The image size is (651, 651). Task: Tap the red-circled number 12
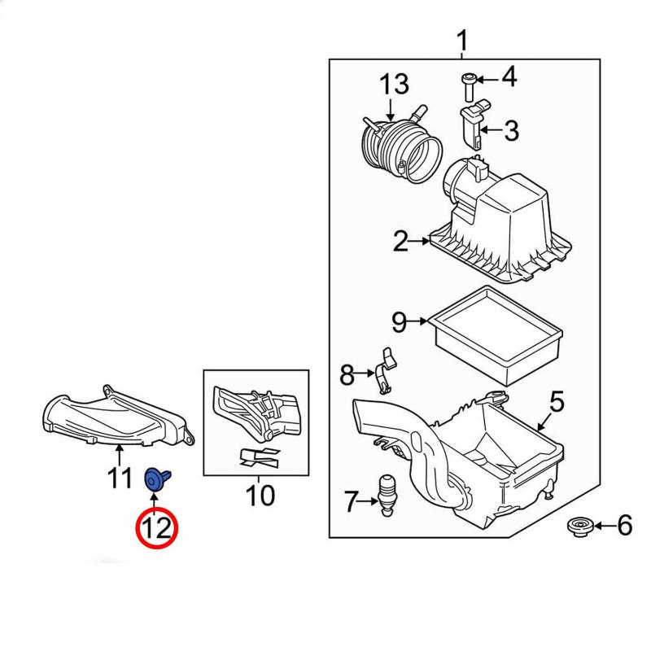(x=156, y=528)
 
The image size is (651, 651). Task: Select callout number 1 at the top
(x=461, y=39)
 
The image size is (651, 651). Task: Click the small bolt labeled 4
(x=468, y=83)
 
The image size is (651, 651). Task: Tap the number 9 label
(x=399, y=322)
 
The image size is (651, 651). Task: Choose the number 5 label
(x=557, y=400)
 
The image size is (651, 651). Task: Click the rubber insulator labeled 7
(x=387, y=492)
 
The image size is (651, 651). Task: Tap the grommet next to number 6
(x=579, y=527)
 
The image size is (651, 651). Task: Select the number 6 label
(x=623, y=526)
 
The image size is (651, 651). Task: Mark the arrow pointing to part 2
(x=420, y=241)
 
